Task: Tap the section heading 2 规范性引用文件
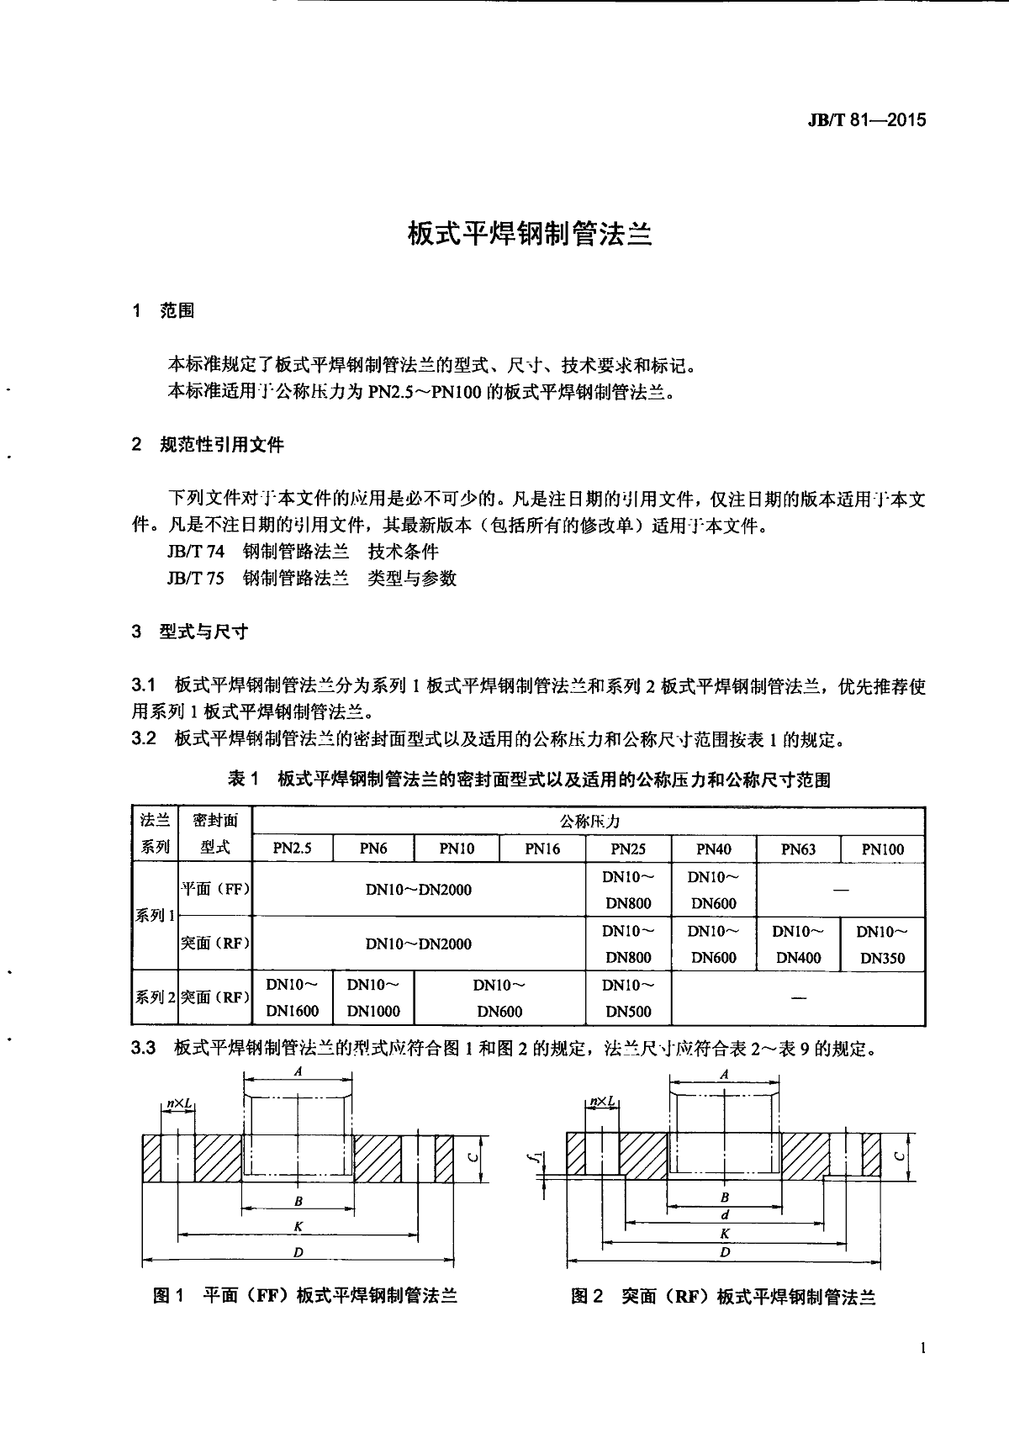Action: (209, 445)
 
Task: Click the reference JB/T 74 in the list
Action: (196, 553)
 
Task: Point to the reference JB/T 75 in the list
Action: (196, 579)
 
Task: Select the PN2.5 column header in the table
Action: (292, 849)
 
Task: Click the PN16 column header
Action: (542, 849)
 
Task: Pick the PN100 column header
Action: (882, 849)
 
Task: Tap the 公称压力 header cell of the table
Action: (589, 821)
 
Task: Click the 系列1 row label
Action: (155, 916)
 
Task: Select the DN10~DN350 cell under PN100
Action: (882, 944)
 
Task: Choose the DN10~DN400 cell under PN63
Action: (798, 944)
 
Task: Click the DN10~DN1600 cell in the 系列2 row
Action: (292, 998)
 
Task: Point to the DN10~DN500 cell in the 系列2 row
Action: (628, 998)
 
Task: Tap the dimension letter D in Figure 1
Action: (298, 1252)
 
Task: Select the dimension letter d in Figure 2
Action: (725, 1214)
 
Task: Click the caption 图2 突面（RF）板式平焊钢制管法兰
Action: (723, 1297)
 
